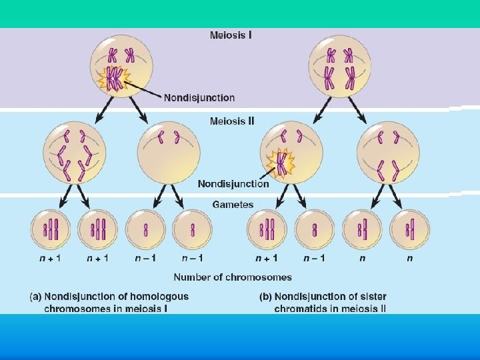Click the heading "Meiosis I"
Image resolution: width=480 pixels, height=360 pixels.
pos(231,34)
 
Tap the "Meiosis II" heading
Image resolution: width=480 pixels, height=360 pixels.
pos(232,121)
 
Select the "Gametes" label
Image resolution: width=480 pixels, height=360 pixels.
pos(233,204)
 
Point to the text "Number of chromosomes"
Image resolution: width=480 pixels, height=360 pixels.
pos(233,277)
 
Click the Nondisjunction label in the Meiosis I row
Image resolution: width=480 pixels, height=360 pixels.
pos(199,97)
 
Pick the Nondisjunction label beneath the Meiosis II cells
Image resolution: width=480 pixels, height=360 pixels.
pos(233,183)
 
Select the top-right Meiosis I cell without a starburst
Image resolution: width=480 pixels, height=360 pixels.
pos(339,66)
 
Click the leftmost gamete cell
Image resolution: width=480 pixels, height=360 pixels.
pos(51,230)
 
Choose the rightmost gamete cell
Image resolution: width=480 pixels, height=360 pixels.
pos(410,230)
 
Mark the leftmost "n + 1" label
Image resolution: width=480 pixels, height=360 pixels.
pos(51,258)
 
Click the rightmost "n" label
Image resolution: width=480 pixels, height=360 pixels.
pos(410,258)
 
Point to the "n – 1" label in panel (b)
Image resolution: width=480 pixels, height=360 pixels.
pos(314,258)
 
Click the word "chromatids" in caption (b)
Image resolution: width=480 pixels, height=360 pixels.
pos(299,308)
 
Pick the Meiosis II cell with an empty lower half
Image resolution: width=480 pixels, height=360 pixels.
pos(169,152)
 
